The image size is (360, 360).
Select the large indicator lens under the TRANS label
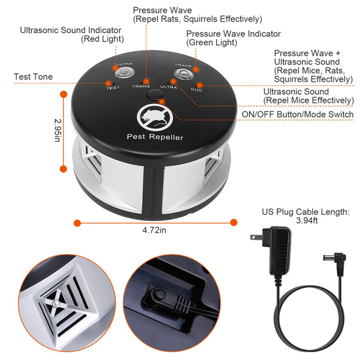click(182, 74)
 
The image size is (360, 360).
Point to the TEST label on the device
click(112, 88)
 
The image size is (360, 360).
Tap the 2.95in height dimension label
click(56, 130)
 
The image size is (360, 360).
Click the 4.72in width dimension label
click(155, 229)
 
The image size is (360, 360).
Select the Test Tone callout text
click(33, 77)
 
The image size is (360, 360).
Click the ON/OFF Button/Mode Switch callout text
click(297, 114)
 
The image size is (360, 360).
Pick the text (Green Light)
click(211, 43)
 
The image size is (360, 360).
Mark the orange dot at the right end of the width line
click(233, 223)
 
